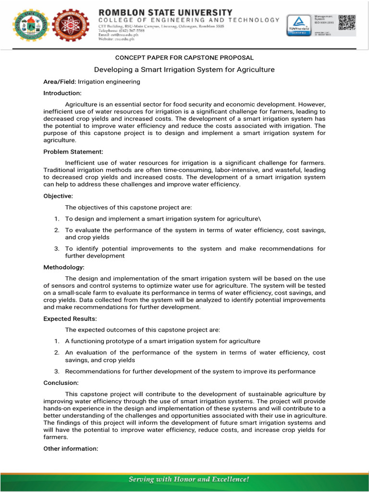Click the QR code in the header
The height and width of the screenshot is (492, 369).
point(346,23)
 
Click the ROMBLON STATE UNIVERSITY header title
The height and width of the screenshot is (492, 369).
point(165,12)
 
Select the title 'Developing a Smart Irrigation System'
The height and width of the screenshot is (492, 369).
point(184,70)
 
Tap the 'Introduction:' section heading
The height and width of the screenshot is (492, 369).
point(62,93)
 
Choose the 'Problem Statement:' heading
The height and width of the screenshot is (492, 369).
point(73,151)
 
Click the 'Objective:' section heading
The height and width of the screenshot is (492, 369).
point(58,196)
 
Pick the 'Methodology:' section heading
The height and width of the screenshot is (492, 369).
point(64,267)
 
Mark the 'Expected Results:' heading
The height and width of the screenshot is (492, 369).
point(70,319)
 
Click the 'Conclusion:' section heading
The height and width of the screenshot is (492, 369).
point(61,383)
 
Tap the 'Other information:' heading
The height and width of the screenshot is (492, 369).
point(71,449)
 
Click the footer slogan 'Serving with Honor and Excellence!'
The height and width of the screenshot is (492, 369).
point(188,479)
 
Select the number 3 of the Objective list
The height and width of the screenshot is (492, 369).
point(56,249)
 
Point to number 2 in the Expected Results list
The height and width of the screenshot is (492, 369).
point(56,353)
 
